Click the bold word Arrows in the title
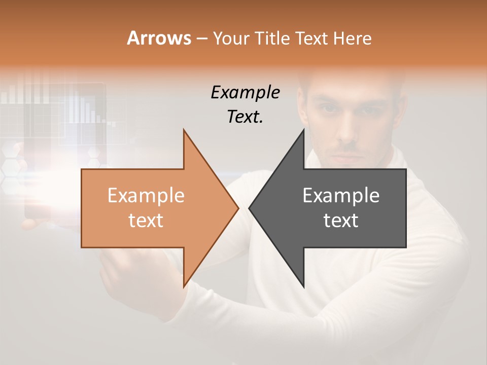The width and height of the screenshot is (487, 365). tap(159, 39)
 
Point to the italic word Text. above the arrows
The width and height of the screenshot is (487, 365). tap(245, 117)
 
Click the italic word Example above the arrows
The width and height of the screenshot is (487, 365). tap(245, 93)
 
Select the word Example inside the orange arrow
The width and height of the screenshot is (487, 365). tap(146, 196)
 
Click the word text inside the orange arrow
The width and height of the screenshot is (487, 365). tap(146, 221)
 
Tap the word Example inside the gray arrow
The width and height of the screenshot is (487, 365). tap(341, 196)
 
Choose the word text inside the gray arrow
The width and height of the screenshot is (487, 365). tap(341, 221)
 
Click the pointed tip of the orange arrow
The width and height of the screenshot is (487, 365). tap(238, 208)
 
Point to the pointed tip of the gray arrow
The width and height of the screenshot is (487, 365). tap(249, 208)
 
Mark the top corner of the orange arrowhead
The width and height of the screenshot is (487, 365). tap(184, 130)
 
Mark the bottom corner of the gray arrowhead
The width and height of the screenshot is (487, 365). tap(304, 286)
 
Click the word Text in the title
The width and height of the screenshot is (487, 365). tap(312, 39)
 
